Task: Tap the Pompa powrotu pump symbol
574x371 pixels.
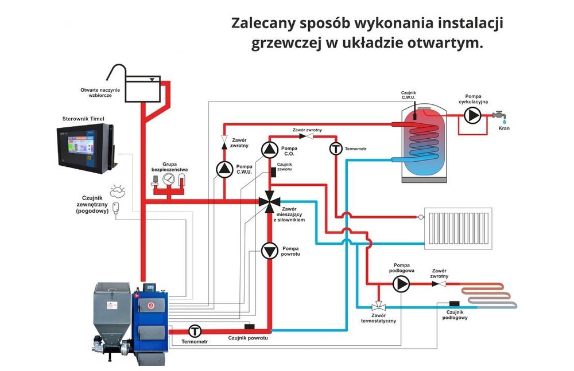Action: click(270, 251)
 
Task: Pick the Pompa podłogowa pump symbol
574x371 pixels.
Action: click(401, 283)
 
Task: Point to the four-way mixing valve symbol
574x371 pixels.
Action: click(269, 202)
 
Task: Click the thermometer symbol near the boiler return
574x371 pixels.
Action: click(195, 331)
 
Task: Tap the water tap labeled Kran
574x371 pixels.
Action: click(502, 116)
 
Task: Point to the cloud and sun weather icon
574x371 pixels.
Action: click(117, 188)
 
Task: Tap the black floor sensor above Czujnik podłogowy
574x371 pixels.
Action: click(455, 303)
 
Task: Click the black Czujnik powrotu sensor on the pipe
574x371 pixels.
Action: click(250, 327)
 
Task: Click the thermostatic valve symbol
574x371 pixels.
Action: click(379, 307)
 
